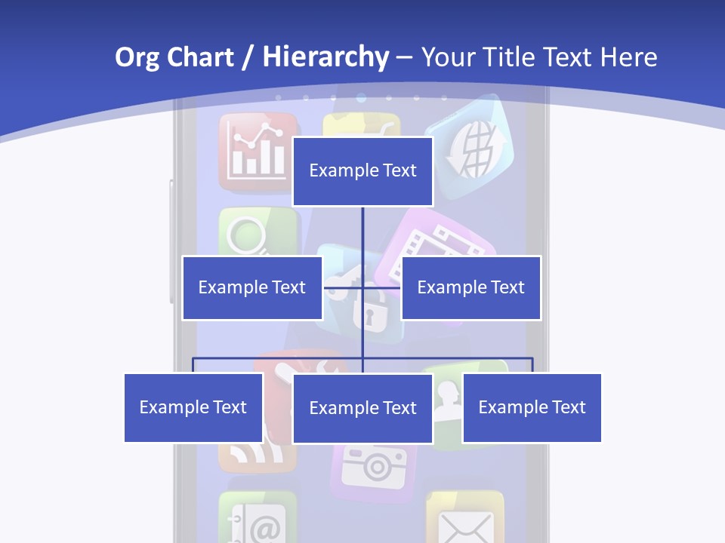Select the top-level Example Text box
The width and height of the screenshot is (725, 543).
pos(362,171)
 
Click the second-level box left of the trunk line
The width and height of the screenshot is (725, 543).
pos(252,287)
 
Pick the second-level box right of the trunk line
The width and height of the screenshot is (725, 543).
pos(470,287)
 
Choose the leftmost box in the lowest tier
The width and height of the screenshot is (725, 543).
pos(193,408)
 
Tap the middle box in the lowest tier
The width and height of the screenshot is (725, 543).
pos(362,408)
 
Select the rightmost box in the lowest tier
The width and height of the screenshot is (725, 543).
pos(532,408)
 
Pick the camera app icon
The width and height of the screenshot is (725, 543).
pos(373,468)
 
